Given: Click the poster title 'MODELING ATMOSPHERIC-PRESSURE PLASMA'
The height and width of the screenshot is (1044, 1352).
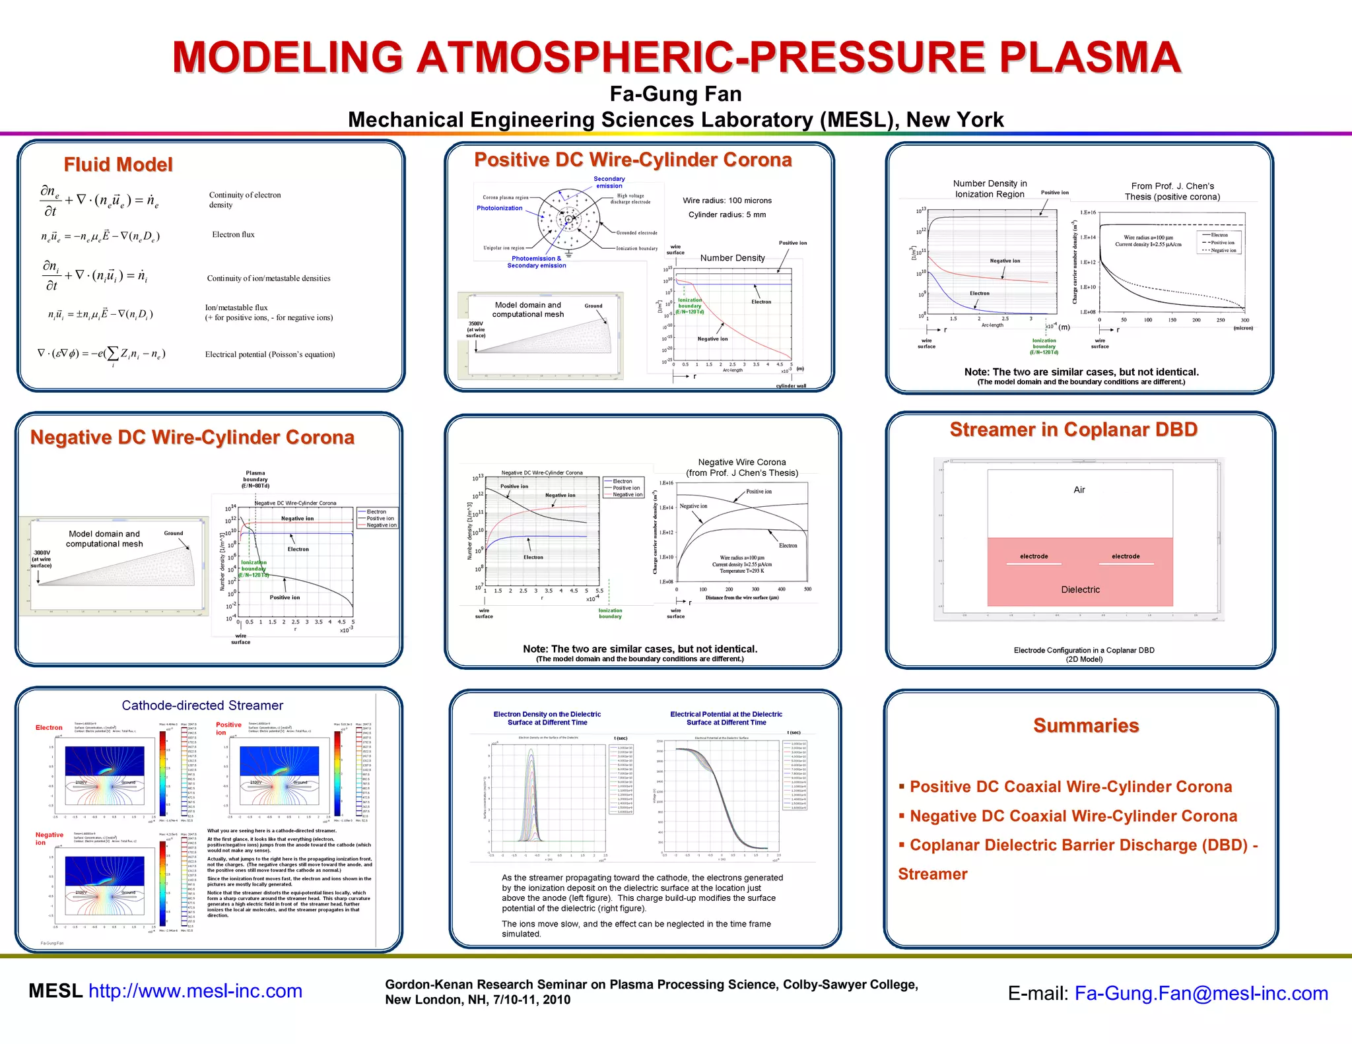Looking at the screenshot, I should pyautogui.click(x=676, y=57).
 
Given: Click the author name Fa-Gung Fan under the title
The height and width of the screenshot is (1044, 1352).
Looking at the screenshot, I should pyautogui.click(x=675, y=94).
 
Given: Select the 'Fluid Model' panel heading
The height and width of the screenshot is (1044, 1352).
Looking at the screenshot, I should pyautogui.click(x=118, y=164).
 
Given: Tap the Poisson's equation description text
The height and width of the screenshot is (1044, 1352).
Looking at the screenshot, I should pyautogui.click(x=270, y=354).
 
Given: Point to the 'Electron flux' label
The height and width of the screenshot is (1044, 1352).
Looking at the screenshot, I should pyautogui.click(x=233, y=234).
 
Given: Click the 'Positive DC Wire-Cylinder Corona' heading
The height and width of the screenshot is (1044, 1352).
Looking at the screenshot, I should pyautogui.click(x=632, y=160).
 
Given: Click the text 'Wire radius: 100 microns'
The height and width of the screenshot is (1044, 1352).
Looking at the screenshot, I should pyautogui.click(x=727, y=201).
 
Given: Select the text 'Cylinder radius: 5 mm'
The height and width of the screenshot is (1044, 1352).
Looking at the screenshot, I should pyautogui.click(x=727, y=214).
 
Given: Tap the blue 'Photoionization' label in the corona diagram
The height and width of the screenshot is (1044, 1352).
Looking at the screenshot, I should pyautogui.click(x=499, y=208).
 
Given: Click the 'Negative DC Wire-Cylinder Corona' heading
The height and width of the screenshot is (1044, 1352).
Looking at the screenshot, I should pyautogui.click(x=192, y=438).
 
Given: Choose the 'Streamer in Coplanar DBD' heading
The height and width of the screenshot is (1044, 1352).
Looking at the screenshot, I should pyautogui.click(x=1073, y=430).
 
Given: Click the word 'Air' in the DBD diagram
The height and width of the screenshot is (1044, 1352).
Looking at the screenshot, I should pyautogui.click(x=1079, y=490).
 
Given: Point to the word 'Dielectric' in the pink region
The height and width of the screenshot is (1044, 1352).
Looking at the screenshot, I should pyautogui.click(x=1080, y=590).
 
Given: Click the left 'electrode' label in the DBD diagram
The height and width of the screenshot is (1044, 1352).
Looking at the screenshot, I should pyautogui.click(x=1034, y=556).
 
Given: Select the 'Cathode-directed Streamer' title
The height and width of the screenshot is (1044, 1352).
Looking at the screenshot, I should pyautogui.click(x=202, y=705).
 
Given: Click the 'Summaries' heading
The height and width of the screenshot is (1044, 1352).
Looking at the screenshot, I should pyautogui.click(x=1086, y=726).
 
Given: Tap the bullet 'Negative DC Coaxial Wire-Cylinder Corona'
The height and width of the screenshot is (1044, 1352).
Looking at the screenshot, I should pyautogui.click(x=1073, y=816).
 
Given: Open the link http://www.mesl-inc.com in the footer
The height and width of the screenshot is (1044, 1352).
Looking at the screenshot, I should pyautogui.click(x=195, y=991).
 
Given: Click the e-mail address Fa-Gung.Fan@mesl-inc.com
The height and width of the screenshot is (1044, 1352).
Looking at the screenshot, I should pyautogui.click(x=1201, y=993).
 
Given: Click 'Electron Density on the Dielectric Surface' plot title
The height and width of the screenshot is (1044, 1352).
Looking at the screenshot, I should pyautogui.click(x=547, y=718).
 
